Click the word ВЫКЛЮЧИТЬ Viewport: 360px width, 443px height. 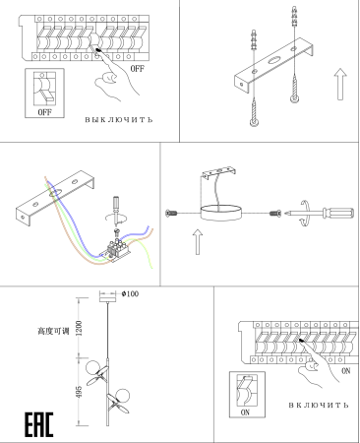coord(119,120)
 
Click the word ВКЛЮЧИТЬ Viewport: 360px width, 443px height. coord(319,406)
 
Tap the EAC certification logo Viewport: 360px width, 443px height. coord(39,424)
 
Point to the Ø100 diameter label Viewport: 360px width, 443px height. coord(130,293)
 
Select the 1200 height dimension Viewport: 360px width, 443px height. coord(79,328)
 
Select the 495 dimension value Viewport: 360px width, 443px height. coord(79,392)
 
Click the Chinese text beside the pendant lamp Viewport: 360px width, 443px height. coord(53,331)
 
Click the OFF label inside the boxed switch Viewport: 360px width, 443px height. coord(44,112)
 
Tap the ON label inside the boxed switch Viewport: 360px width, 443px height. coord(245,412)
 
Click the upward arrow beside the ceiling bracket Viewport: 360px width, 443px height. coord(340,84)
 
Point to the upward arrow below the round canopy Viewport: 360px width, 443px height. coord(198,242)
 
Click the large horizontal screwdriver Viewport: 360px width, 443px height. coord(320,214)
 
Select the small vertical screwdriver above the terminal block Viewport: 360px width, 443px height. coord(116,206)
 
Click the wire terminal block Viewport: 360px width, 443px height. coord(117,251)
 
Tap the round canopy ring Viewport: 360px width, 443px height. coord(221,213)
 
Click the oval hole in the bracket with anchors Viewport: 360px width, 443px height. coord(274,60)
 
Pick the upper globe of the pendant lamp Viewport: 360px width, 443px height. coord(92,367)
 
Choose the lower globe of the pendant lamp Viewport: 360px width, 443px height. coord(122,396)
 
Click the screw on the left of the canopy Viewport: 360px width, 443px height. coord(172,214)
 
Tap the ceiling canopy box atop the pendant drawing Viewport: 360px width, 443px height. coord(108,297)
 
